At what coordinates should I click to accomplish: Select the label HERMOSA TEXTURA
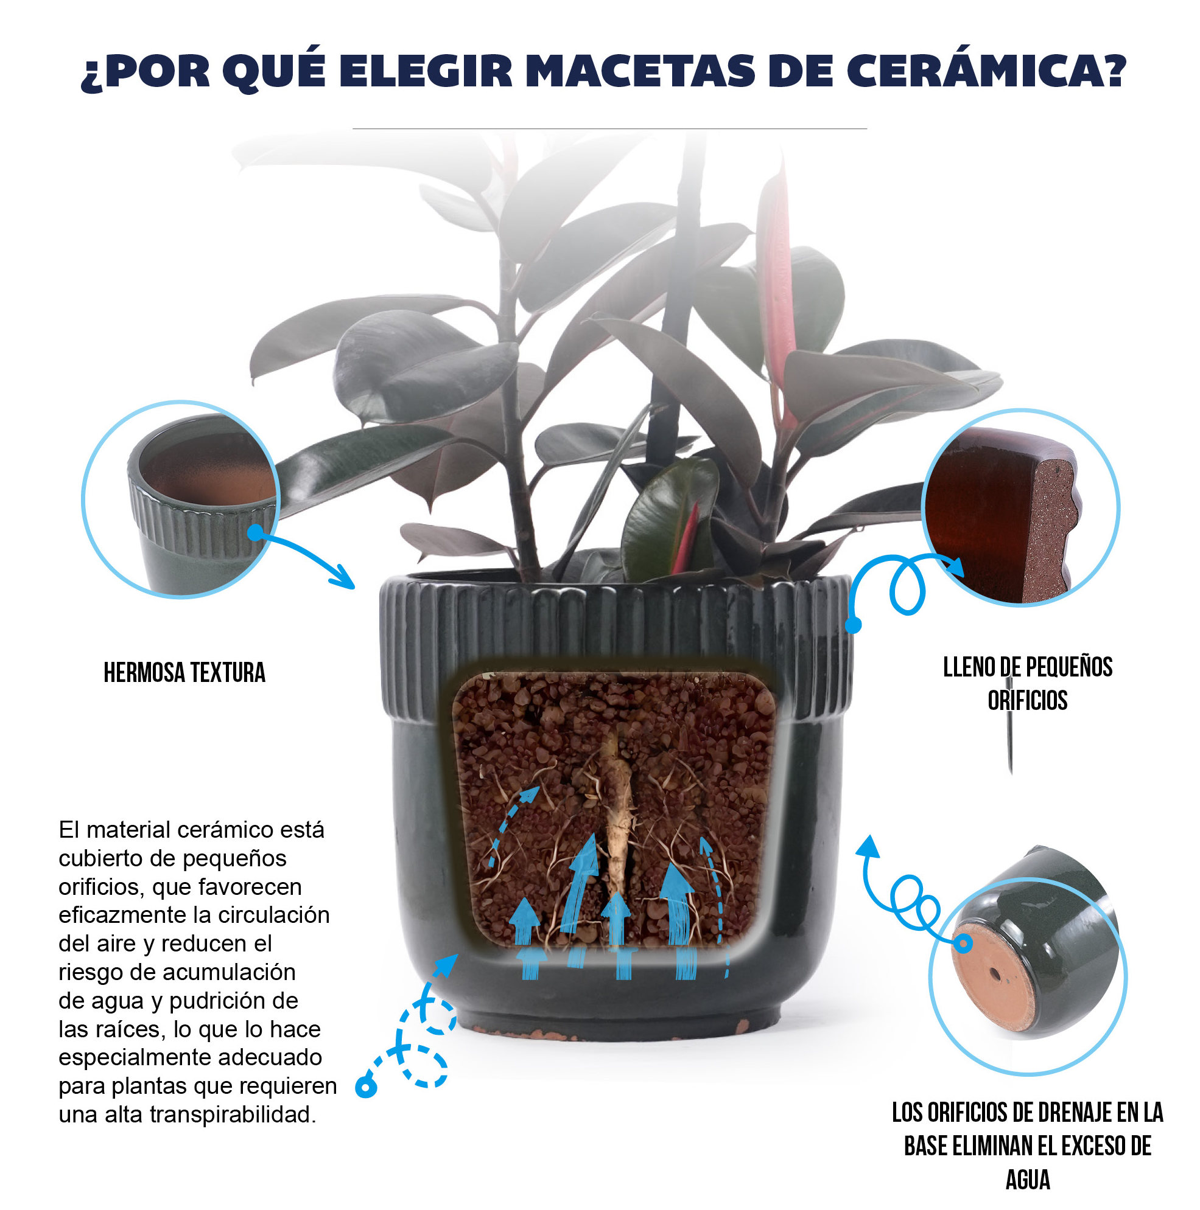[x=184, y=673]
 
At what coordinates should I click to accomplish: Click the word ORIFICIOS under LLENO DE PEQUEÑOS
[x=1027, y=700]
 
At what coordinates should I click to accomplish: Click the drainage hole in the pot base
[x=994, y=974]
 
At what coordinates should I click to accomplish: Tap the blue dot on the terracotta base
[x=963, y=943]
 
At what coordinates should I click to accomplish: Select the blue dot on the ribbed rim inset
[x=255, y=532]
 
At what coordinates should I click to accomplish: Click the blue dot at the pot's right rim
[x=853, y=624]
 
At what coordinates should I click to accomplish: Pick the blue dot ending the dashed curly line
[x=365, y=1087]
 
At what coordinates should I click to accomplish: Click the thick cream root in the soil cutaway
[x=617, y=814]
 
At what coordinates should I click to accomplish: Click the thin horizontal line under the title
[x=609, y=128]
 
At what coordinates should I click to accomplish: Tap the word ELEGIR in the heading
[x=429, y=71]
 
